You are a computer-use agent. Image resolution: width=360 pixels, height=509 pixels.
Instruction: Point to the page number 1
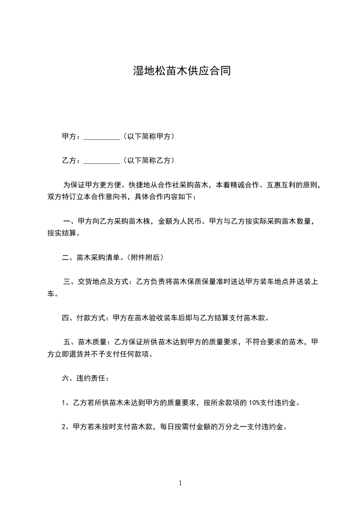tap(180, 483)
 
